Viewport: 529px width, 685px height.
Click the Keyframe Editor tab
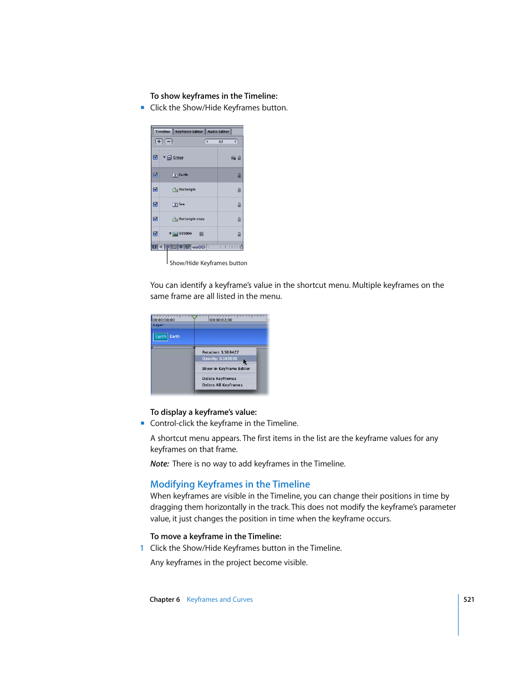pos(189,131)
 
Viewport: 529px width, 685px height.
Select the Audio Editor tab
pos(218,131)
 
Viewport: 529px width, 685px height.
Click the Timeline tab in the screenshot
pos(162,131)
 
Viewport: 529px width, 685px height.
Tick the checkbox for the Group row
pos(155,158)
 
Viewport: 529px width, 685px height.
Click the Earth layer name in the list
pos(183,175)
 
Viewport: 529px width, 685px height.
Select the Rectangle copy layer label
pos(191,219)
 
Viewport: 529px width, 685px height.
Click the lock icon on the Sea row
pos(239,205)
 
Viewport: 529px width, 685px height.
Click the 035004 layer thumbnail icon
pos(175,234)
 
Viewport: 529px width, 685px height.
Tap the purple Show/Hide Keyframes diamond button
pos(167,247)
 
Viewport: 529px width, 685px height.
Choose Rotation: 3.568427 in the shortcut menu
pos(220,352)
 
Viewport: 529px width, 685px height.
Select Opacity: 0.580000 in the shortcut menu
pos(220,359)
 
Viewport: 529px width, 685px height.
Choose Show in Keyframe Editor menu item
pos(226,369)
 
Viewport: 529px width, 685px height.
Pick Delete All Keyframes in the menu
pos(222,385)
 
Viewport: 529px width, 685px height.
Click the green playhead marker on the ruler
pos(194,317)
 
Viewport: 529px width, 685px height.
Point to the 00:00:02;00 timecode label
pos(221,320)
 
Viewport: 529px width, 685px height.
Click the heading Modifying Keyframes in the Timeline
pos(230,484)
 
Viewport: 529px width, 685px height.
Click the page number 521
pos(469,600)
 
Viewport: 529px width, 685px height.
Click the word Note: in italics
pos(159,464)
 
